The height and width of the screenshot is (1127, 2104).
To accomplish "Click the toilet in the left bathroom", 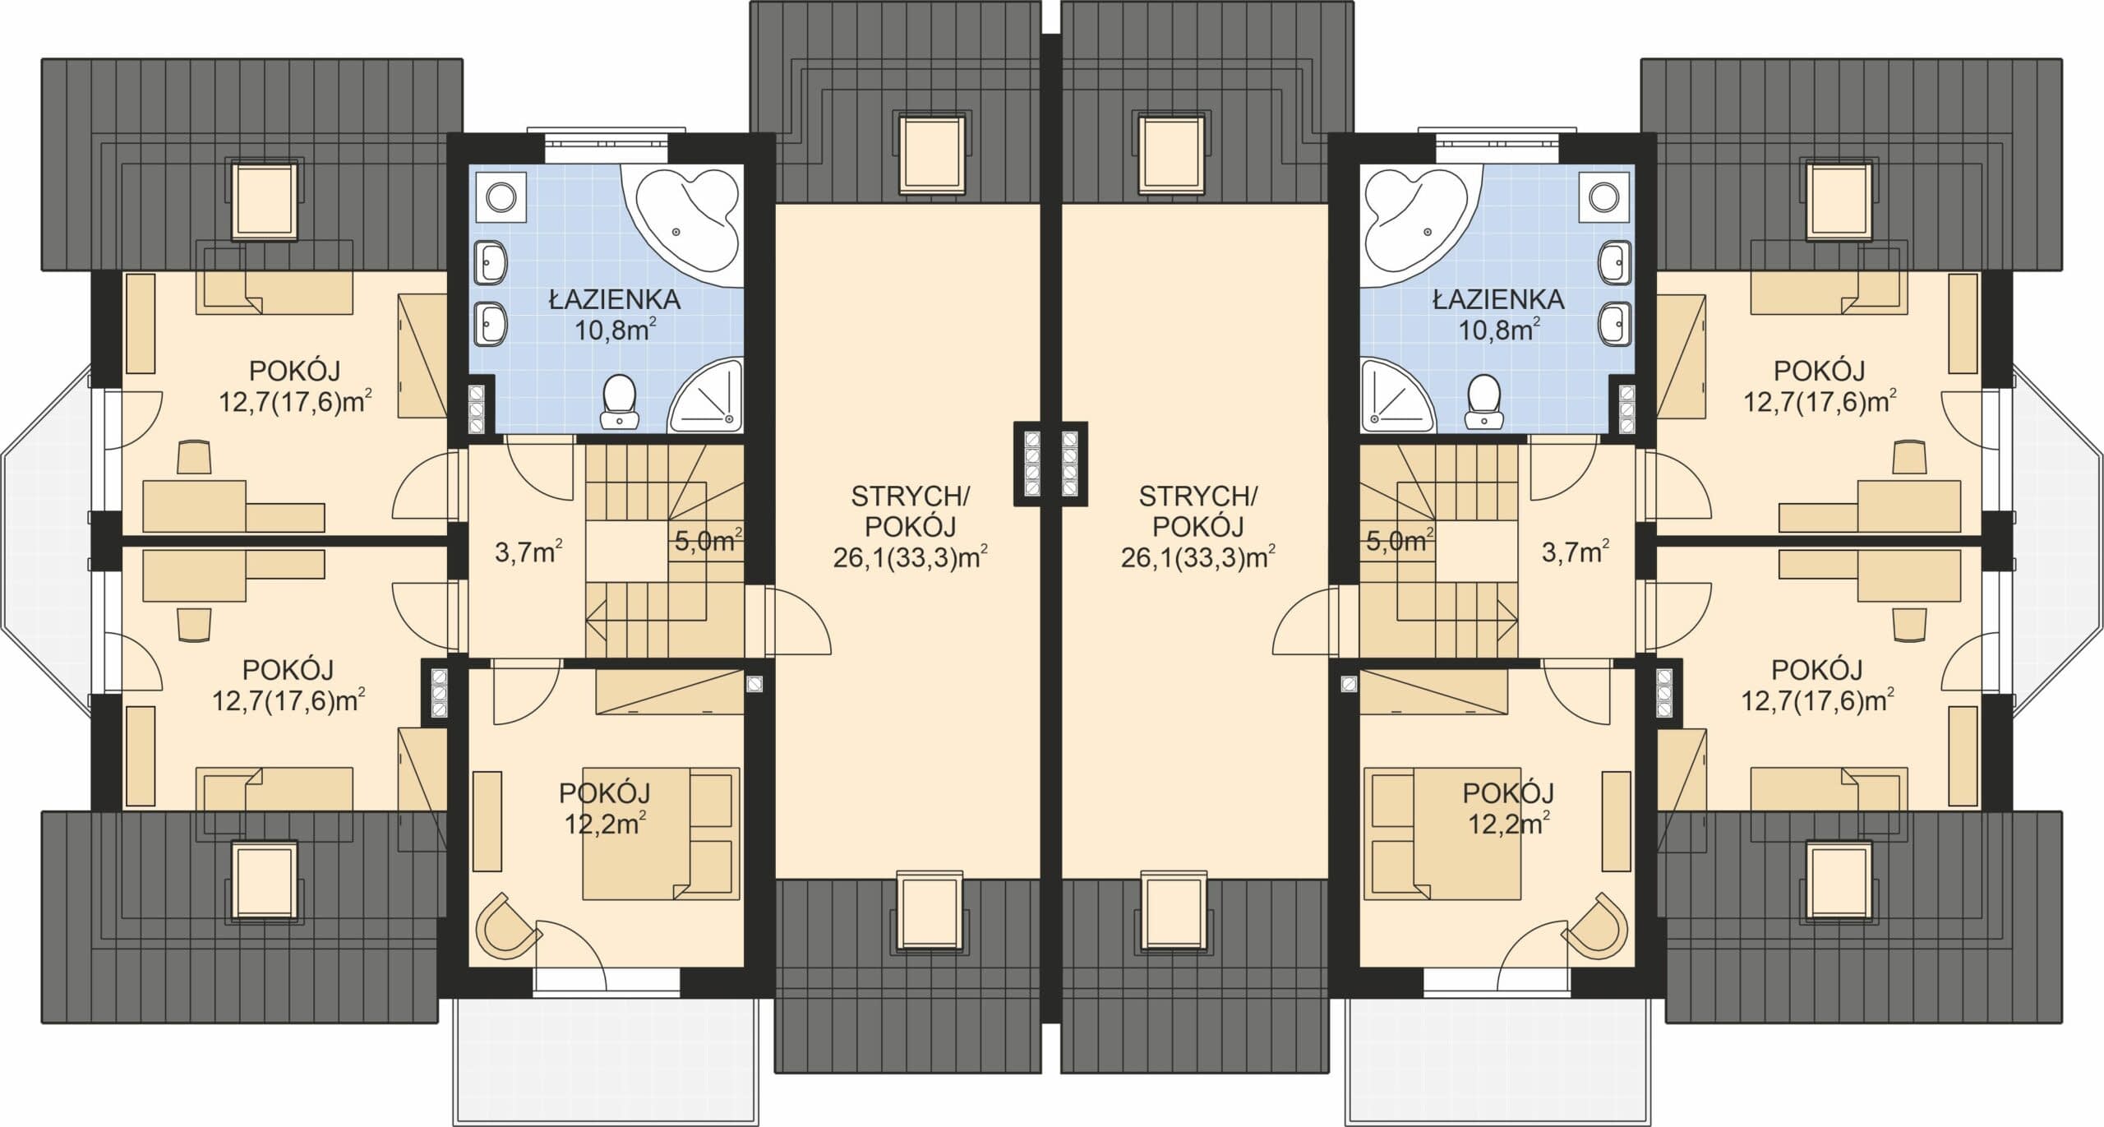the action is point(618,402).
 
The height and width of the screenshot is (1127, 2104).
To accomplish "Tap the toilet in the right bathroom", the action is point(1483,402).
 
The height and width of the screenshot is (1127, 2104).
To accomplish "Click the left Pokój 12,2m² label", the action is point(605,808).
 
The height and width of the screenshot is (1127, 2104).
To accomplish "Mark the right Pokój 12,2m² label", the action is point(1508,808).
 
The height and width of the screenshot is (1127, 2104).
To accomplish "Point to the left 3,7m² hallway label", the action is point(528,551).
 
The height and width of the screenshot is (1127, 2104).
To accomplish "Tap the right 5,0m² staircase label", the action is point(1400,540).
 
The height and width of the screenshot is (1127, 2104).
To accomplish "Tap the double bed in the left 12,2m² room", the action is point(662,834).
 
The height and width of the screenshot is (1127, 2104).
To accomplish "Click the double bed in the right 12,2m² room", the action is point(1442,834).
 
